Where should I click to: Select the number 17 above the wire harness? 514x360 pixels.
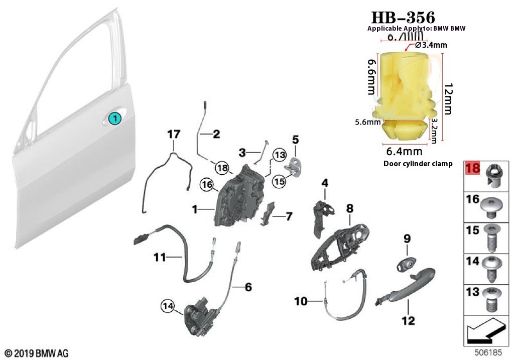[173, 135]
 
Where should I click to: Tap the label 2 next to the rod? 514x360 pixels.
[216, 134]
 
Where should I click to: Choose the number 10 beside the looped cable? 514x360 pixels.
[300, 301]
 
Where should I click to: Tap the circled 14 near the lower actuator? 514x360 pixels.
[168, 305]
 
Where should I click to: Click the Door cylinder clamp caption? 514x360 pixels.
[418, 164]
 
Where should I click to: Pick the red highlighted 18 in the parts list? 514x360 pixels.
[473, 168]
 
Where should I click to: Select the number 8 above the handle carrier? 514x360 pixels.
[349, 208]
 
